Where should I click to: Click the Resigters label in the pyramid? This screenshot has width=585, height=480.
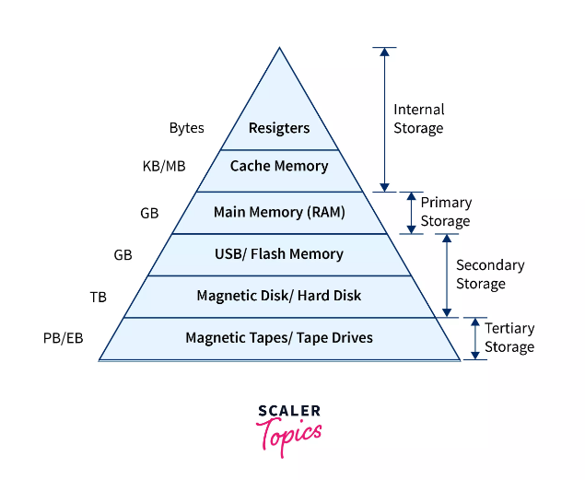(279, 128)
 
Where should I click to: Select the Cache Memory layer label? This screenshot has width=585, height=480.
(279, 166)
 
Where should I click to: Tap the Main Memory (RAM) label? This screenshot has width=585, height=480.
(279, 212)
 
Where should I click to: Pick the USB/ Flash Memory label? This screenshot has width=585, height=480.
(279, 253)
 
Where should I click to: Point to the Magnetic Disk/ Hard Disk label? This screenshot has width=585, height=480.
(279, 296)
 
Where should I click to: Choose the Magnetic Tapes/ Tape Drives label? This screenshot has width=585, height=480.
(279, 338)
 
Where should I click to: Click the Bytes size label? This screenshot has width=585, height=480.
(187, 128)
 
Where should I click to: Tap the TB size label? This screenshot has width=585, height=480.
(98, 297)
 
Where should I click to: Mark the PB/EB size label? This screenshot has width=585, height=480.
(64, 338)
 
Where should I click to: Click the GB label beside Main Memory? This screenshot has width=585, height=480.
(149, 213)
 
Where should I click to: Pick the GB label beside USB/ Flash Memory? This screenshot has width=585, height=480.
(123, 254)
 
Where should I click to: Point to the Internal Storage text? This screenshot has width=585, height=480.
(418, 119)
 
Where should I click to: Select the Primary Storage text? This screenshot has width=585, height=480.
(446, 212)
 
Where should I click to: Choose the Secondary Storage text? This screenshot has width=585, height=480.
(490, 275)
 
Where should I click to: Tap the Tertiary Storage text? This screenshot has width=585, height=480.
(509, 337)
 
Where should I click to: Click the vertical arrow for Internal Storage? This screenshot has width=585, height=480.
(384, 119)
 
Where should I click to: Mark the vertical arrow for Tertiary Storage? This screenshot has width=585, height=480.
(475, 338)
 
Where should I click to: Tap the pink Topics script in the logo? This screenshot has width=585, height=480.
(289, 433)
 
